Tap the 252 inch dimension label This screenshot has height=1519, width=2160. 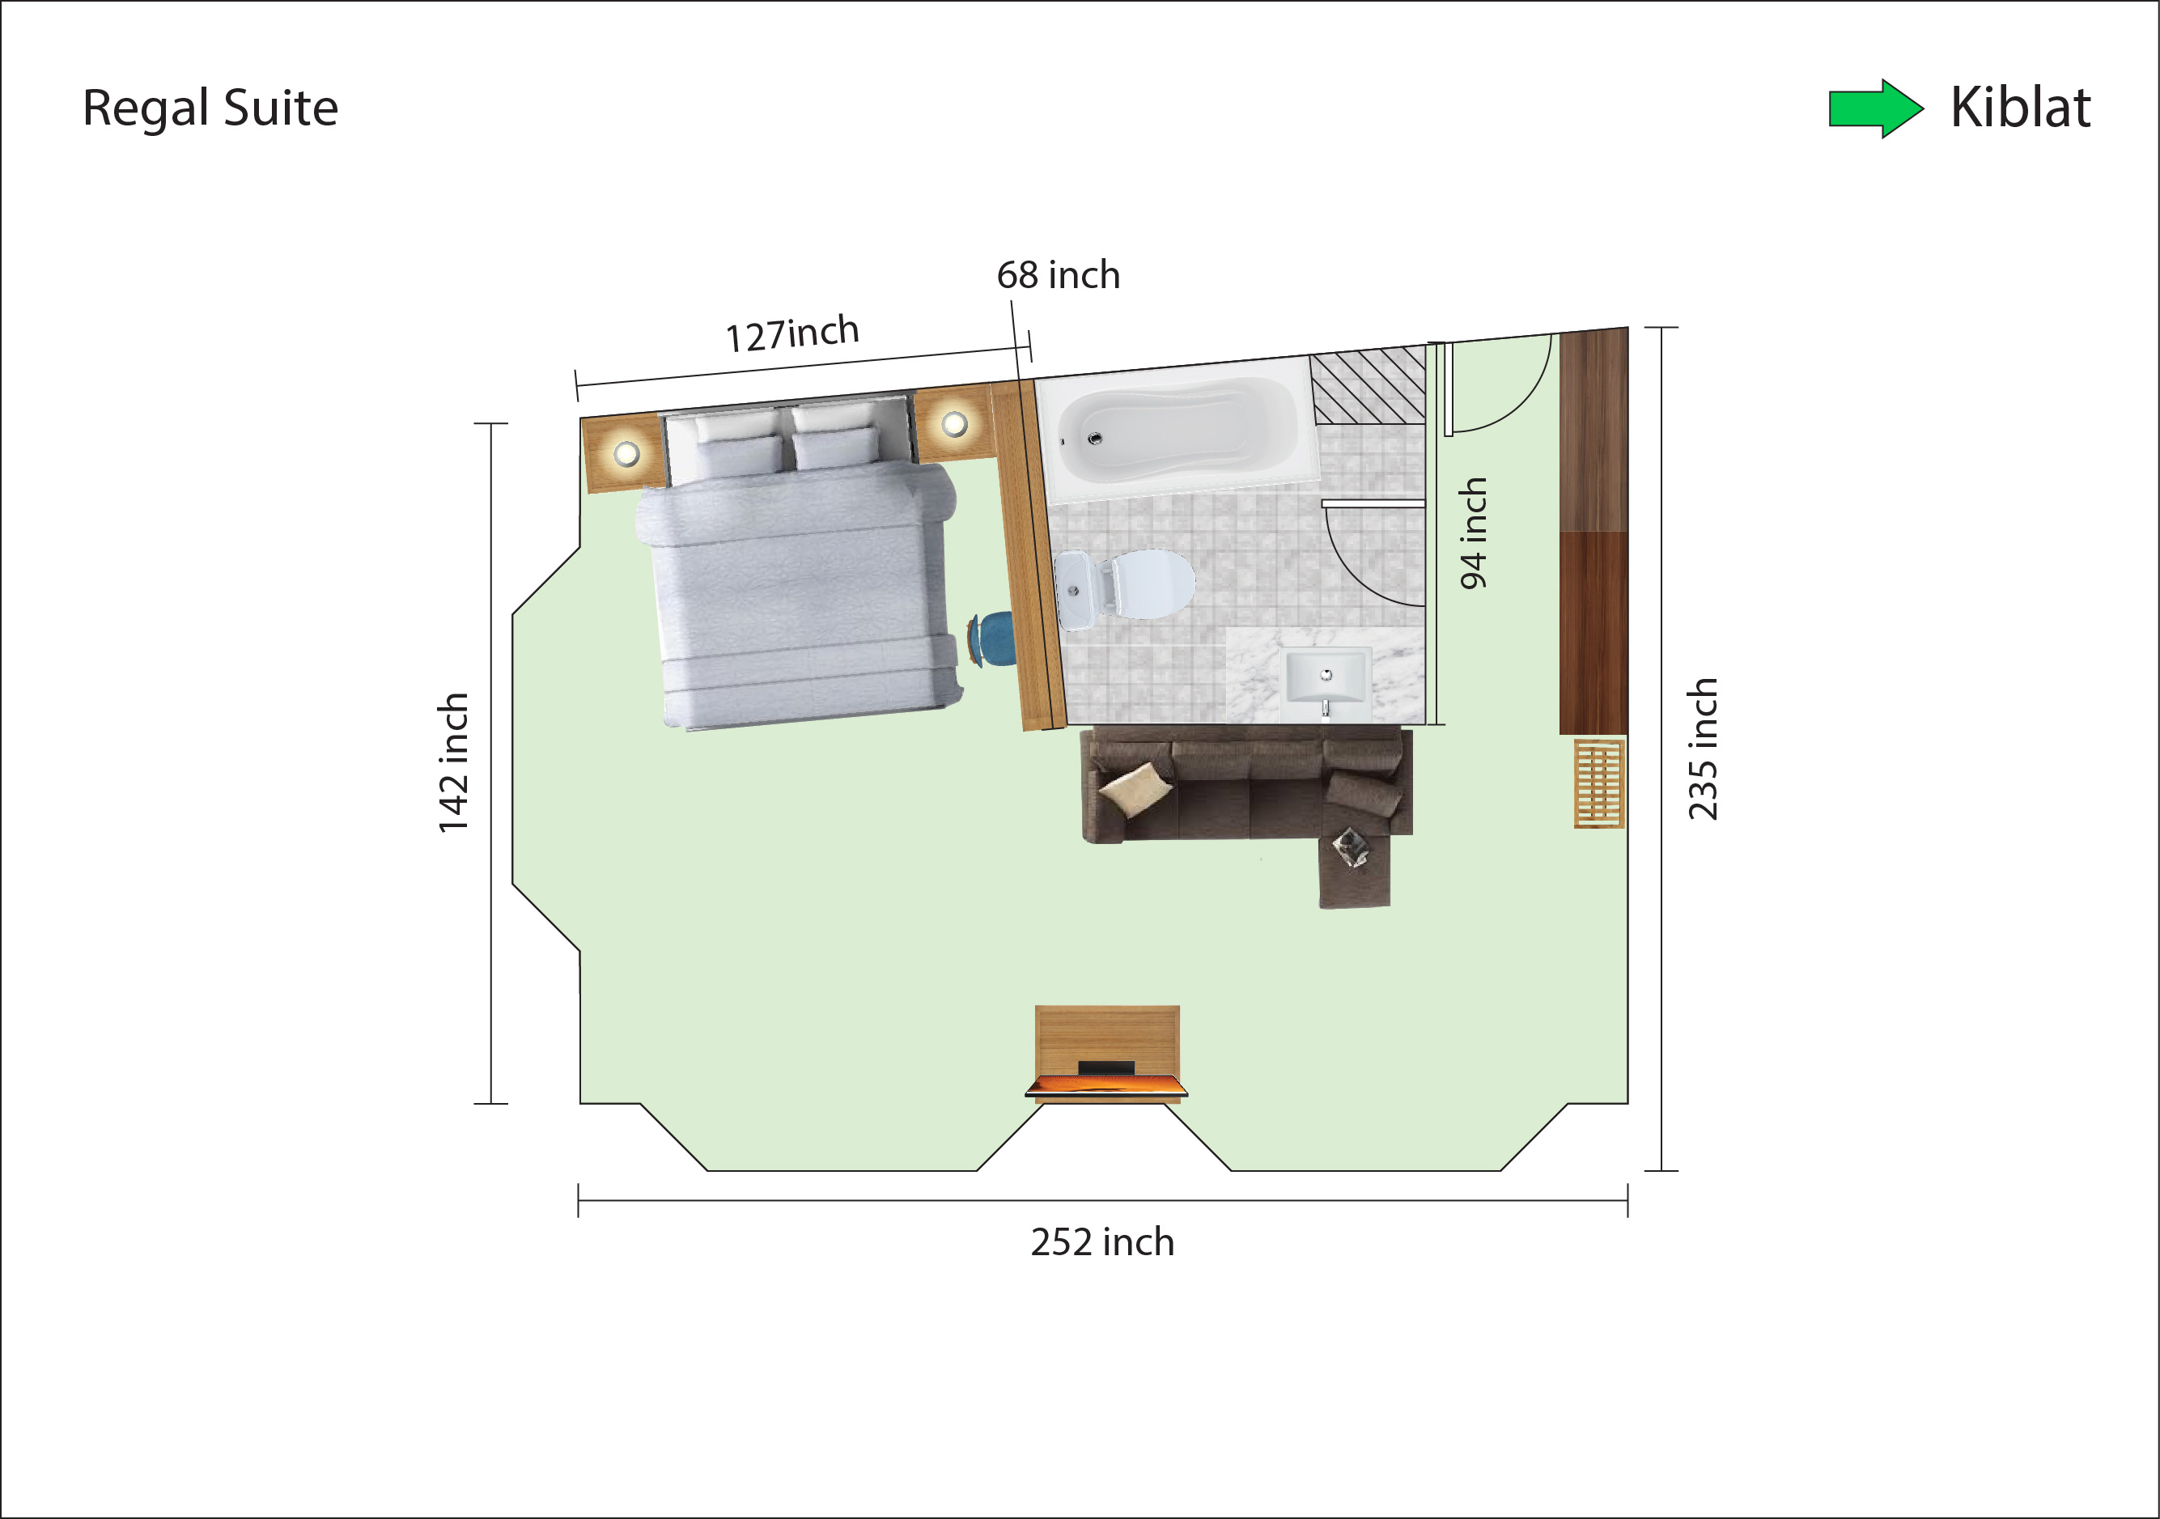point(1101,1242)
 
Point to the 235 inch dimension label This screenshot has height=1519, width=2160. point(1703,749)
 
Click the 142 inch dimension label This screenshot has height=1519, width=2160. point(453,763)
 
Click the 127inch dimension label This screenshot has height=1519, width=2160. point(792,334)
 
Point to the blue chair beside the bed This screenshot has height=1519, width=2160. point(992,639)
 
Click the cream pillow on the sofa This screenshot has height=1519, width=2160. point(1135,788)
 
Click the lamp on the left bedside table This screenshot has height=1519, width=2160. point(626,454)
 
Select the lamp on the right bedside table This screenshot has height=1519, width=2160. point(955,424)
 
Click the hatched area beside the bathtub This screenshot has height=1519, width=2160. point(1369,387)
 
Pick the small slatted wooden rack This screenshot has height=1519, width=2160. point(1599,783)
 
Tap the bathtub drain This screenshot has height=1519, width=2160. point(1094,439)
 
